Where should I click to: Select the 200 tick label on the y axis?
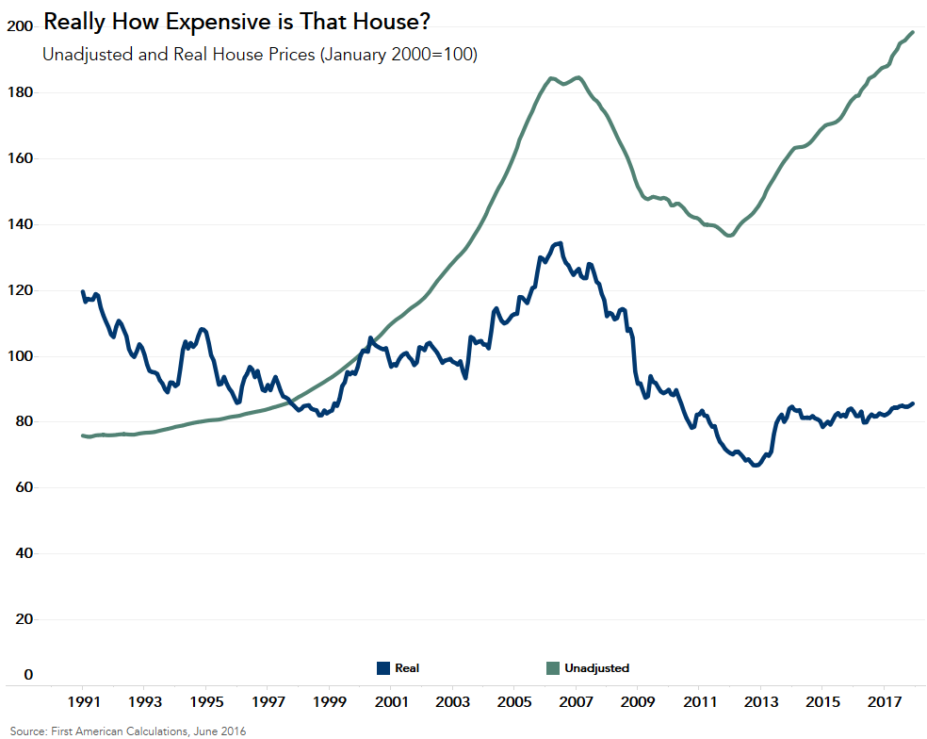(x=19, y=26)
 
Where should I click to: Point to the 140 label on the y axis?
(x=19, y=224)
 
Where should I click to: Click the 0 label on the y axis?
(x=28, y=675)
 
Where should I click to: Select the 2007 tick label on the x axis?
(x=576, y=702)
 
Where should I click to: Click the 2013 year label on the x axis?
(x=760, y=702)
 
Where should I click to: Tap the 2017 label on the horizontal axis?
(x=884, y=702)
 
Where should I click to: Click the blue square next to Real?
(x=383, y=668)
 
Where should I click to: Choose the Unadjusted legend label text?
(x=596, y=668)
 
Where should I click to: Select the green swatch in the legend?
(x=553, y=668)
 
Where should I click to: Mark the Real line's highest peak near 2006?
(x=560, y=243)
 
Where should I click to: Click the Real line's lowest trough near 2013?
(x=756, y=466)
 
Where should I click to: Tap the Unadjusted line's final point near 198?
(x=913, y=32)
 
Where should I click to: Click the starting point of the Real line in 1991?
(x=83, y=292)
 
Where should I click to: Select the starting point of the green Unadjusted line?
(x=83, y=435)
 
